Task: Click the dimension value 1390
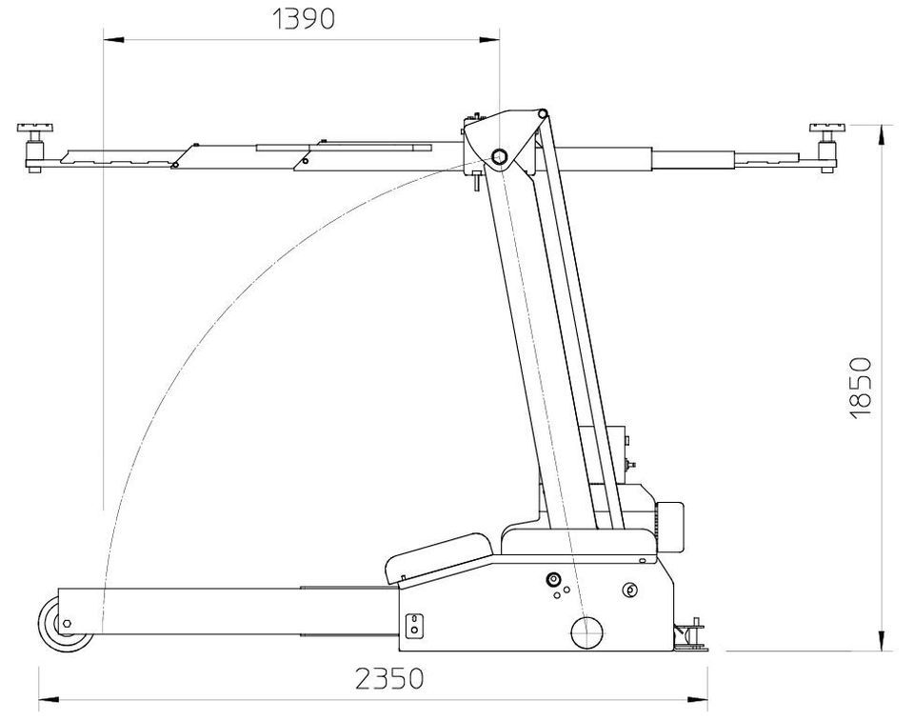[304, 20]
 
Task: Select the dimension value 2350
[388, 678]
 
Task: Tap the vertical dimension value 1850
[861, 388]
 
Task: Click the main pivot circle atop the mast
[499, 156]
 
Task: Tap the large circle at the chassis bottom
[586, 631]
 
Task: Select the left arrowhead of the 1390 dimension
[113, 40]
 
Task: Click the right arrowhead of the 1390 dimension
[489, 40]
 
